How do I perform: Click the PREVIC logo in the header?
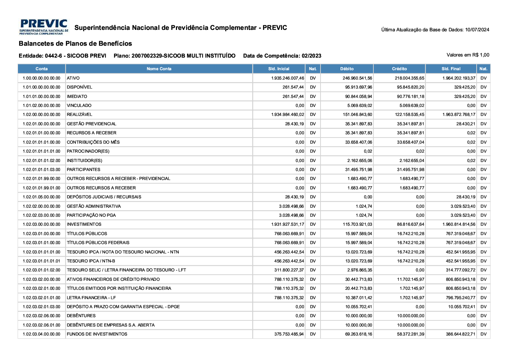44,27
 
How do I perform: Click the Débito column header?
347,69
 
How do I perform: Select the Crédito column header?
399,69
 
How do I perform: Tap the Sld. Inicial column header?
279,69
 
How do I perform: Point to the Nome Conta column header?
159,69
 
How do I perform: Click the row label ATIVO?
73,78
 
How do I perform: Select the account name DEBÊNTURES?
81,316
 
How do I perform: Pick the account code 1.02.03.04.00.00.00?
41,334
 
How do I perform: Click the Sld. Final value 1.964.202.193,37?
459,78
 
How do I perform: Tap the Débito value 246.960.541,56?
357,78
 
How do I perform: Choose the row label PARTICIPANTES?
83,170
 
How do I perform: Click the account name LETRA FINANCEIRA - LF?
91,298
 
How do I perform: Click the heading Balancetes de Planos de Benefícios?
75,44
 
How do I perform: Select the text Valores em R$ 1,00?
468,55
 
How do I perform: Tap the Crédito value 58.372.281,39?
410,334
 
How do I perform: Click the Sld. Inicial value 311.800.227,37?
289,270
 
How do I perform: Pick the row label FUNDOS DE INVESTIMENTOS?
97,334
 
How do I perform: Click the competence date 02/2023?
312,56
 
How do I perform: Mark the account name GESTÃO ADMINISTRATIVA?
94,206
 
